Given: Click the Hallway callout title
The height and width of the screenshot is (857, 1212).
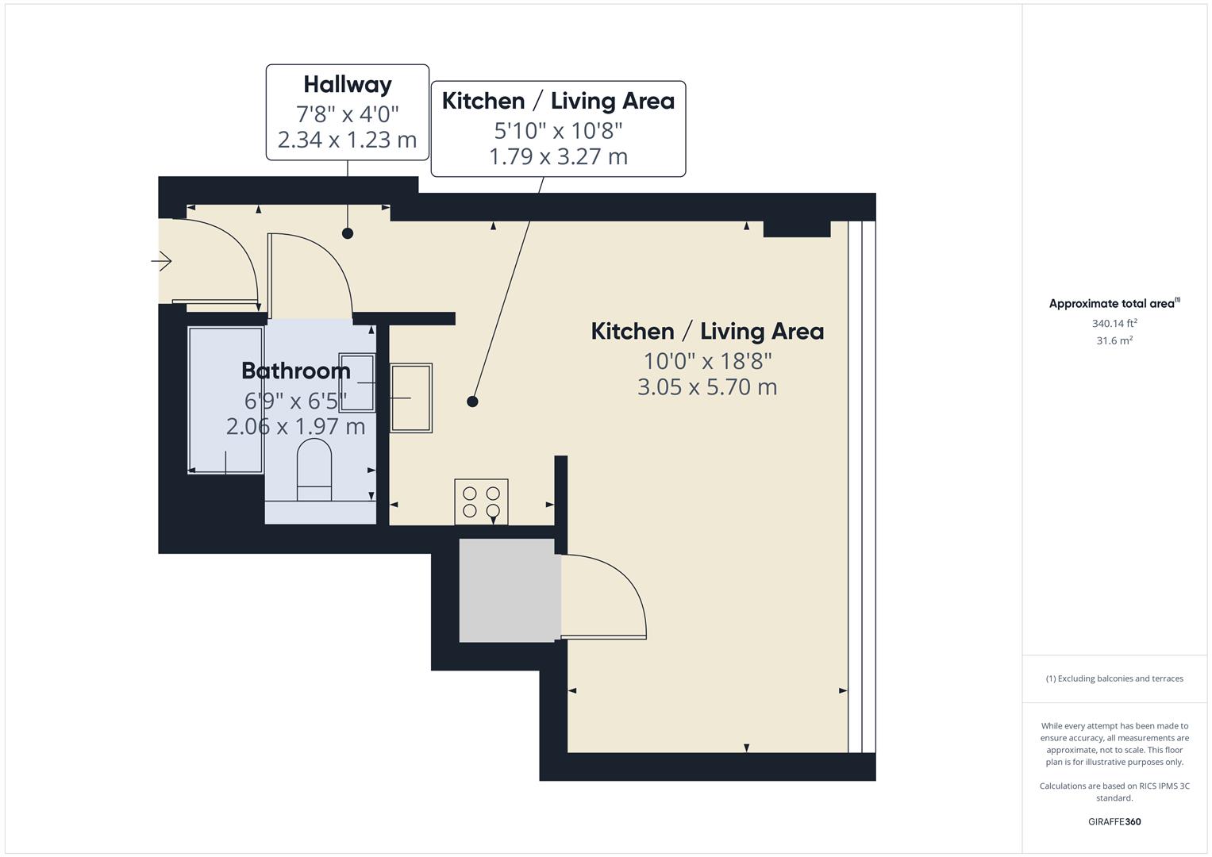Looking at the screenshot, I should click(348, 85).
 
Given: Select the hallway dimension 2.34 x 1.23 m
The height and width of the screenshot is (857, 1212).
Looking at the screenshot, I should click(347, 140).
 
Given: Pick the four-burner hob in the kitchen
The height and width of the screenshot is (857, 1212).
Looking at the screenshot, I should click(481, 502).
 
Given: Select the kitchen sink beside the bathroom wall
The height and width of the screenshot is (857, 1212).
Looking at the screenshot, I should click(411, 398).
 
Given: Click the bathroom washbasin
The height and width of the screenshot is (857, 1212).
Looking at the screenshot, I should click(357, 382).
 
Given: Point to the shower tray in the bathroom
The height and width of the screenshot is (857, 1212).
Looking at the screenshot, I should click(225, 400).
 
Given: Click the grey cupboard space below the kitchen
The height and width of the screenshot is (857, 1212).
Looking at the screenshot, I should click(507, 590).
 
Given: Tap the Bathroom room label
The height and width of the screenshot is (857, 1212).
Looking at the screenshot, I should click(296, 371).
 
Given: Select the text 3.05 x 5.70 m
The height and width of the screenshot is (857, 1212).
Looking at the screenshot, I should click(707, 387).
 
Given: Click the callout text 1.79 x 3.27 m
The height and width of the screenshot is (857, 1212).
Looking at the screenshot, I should click(558, 156).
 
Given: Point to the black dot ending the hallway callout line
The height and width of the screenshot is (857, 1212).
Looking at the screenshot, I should click(348, 233).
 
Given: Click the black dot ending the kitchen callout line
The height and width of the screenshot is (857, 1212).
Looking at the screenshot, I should click(472, 402).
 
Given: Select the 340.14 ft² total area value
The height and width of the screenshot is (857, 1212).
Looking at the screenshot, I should click(1114, 324).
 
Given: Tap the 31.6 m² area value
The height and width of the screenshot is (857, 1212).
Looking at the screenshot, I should click(1114, 340).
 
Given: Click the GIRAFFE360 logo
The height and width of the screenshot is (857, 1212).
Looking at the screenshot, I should click(1114, 822).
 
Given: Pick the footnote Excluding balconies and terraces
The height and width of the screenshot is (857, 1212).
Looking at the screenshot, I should click(1114, 678).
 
